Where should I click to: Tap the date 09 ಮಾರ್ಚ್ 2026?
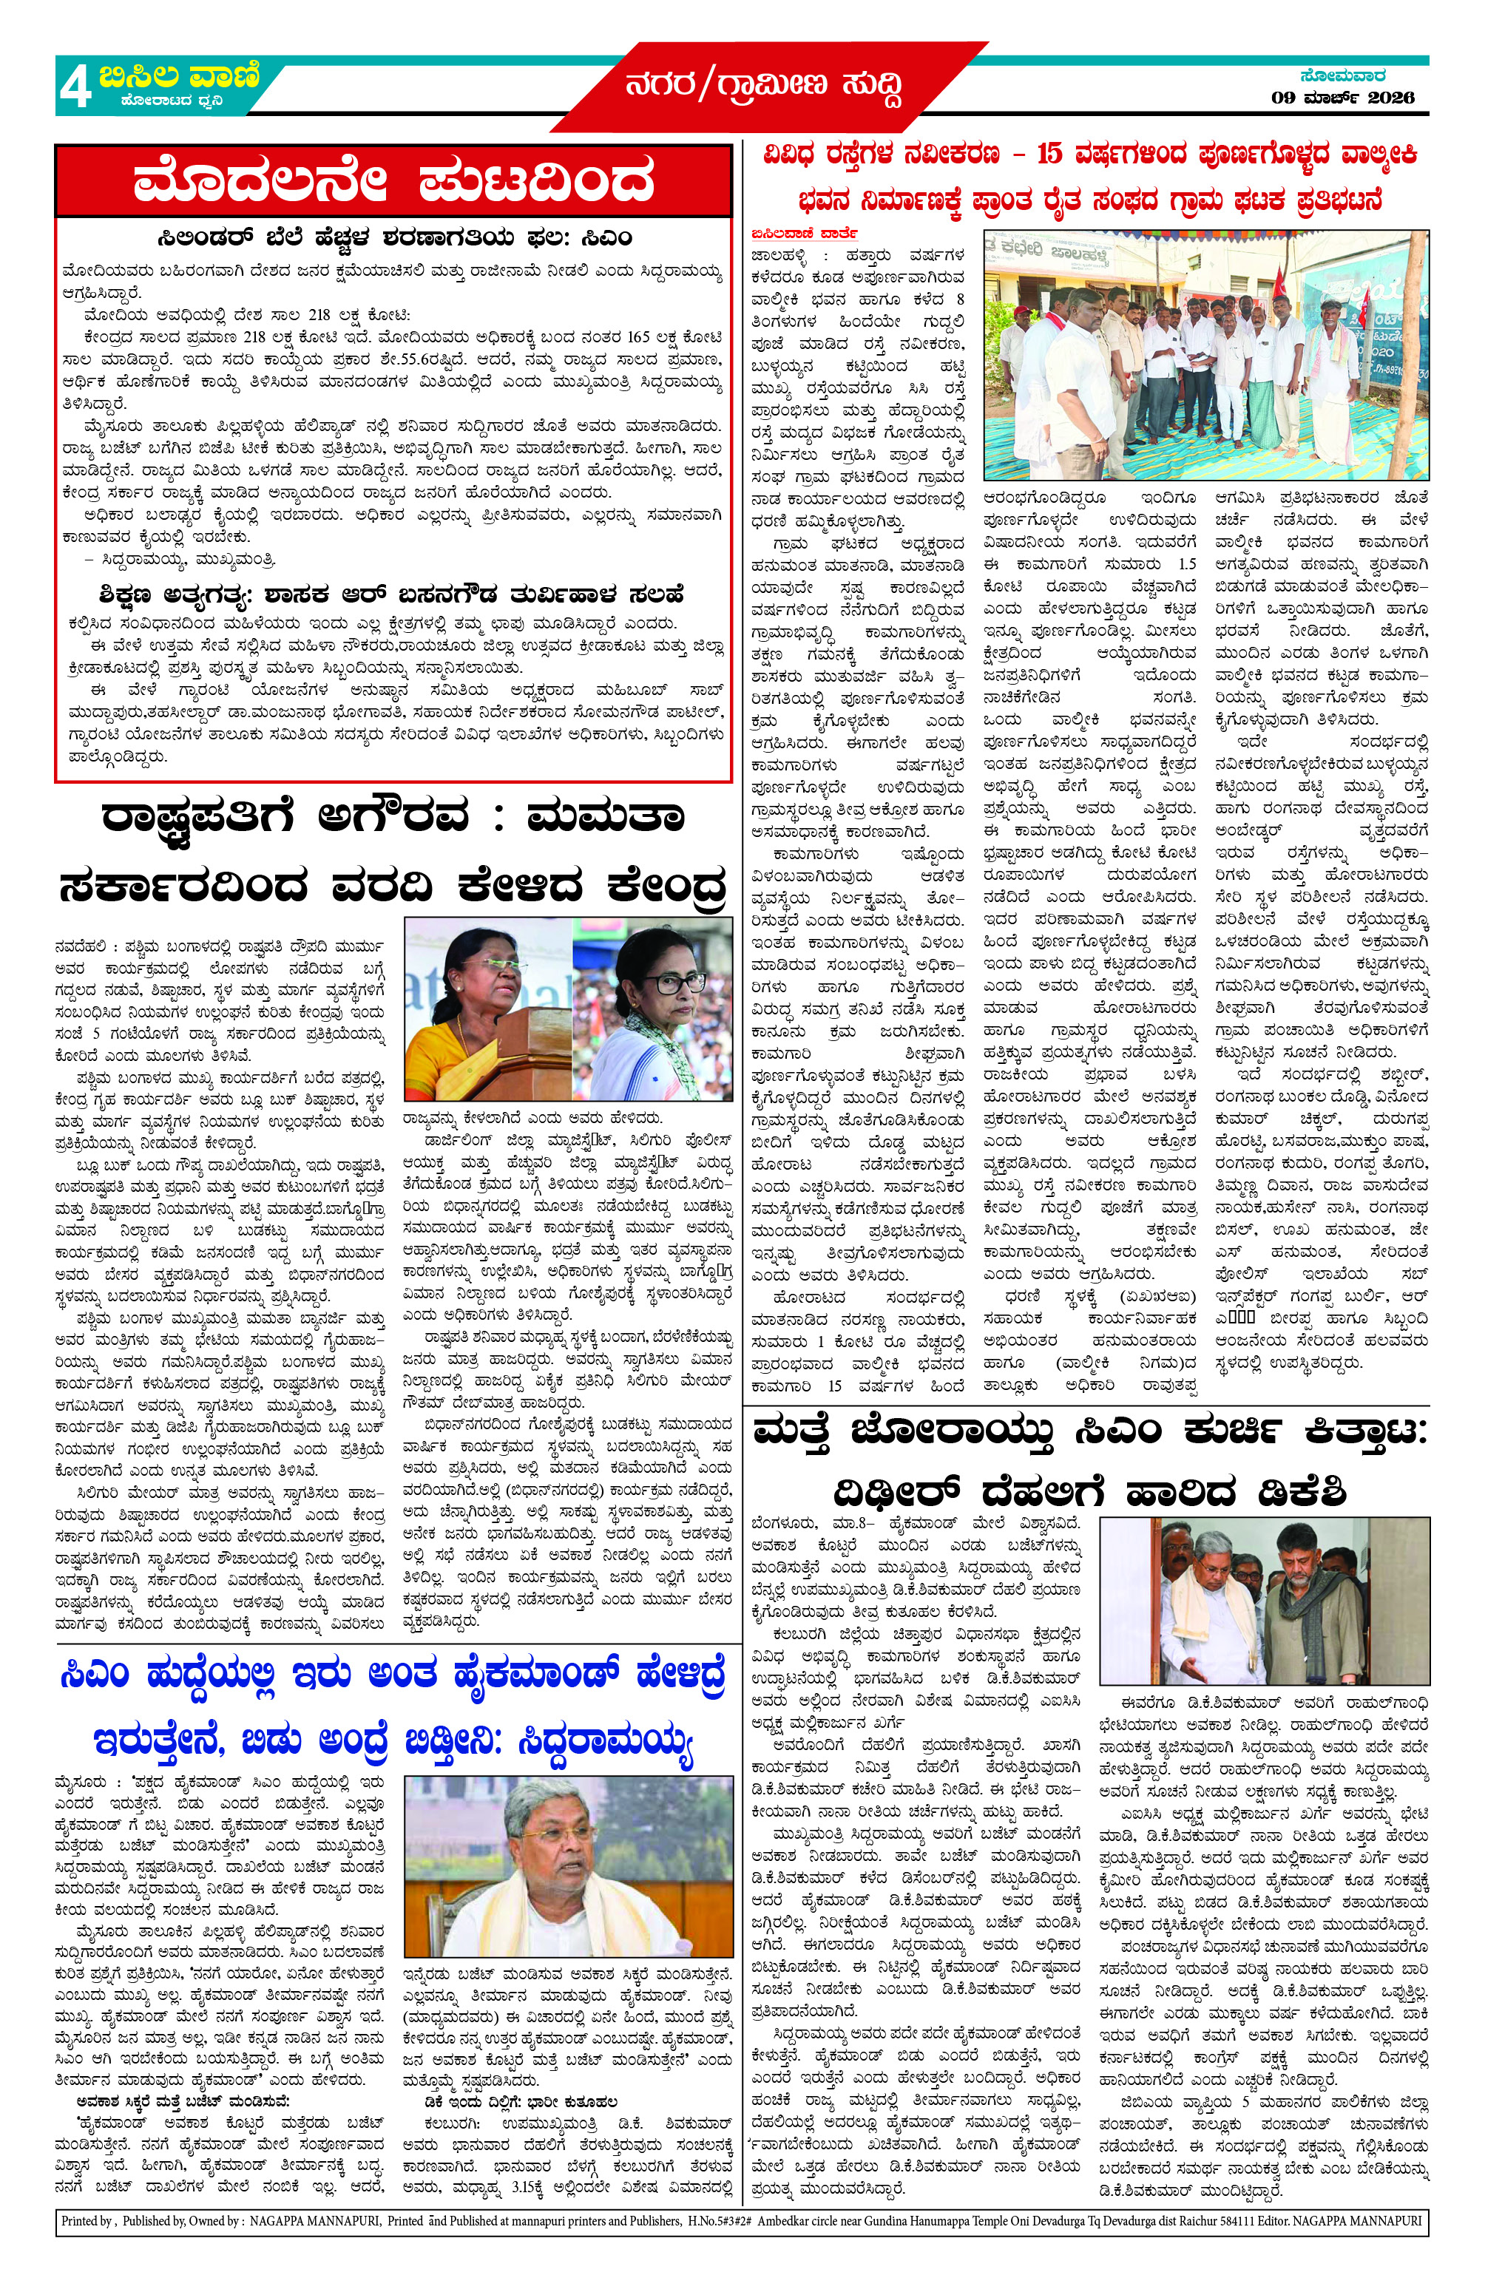[1342, 98]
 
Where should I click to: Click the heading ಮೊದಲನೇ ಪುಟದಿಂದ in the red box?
[393, 181]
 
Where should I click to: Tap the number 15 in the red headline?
[1049, 154]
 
